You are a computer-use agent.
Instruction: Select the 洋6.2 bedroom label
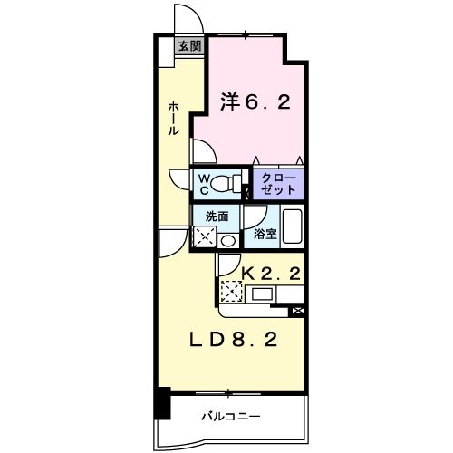[255, 103]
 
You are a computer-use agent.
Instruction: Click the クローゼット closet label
[277, 184]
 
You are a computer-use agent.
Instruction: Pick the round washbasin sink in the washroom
[227, 240]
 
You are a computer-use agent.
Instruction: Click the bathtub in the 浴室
[291, 226]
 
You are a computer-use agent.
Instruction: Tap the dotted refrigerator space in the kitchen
[232, 291]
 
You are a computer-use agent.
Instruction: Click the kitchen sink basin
[262, 294]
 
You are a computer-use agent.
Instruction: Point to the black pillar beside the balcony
[162, 402]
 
